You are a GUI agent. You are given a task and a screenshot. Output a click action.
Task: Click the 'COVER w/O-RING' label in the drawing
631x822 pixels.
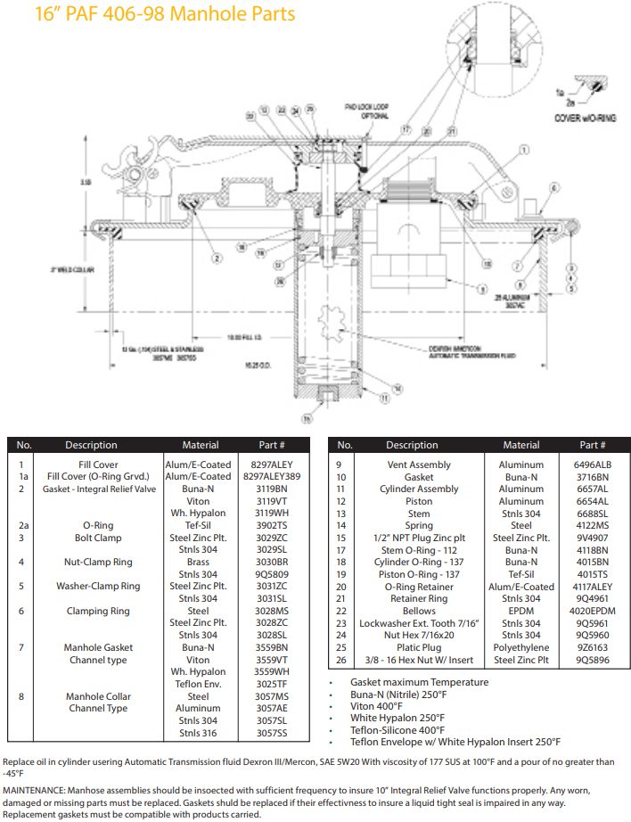580,117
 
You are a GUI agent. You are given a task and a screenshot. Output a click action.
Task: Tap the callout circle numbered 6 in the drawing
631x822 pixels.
553,188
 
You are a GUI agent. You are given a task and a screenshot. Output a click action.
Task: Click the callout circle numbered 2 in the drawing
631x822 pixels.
217,258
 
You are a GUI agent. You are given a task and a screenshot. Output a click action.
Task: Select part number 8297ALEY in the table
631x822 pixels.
272,464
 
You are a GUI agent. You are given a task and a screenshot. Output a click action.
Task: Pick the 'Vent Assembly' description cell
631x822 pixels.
418,464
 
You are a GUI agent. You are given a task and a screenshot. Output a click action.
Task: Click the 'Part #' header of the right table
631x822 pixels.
592,445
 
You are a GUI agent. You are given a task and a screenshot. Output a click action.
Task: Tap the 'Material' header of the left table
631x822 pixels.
200,445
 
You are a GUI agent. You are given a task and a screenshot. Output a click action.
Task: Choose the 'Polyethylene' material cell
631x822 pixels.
520,648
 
